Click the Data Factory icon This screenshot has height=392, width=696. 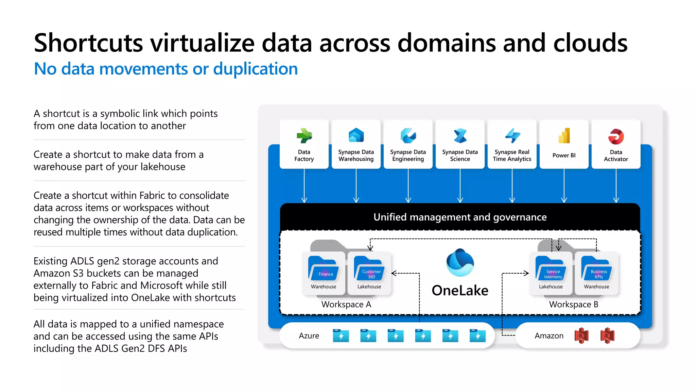click(304, 136)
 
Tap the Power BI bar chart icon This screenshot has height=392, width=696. click(564, 136)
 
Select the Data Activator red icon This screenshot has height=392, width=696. click(616, 136)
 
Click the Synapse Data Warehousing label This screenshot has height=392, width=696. click(356, 156)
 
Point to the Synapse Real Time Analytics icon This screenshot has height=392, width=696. click(512, 135)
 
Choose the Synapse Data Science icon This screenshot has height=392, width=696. click(460, 136)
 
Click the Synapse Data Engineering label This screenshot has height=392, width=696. click(408, 156)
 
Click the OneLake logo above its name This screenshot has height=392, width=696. click(460, 262)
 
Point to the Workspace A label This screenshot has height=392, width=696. click(346, 304)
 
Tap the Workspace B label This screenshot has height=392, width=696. click(574, 304)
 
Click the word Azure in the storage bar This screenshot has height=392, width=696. click(309, 336)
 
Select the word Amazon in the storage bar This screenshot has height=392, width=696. click(549, 336)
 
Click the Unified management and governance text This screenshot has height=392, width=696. click(460, 217)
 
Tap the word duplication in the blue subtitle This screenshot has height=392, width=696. click(255, 69)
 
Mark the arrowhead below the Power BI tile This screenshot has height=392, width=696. click(564, 200)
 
